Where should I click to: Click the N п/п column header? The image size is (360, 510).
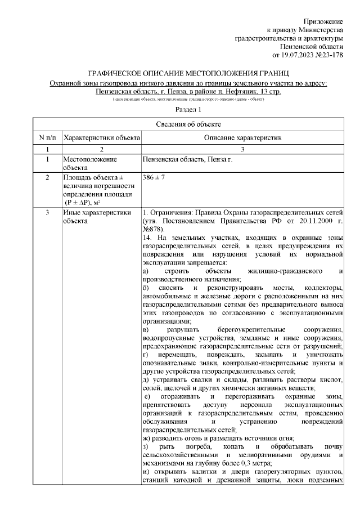(x=47, y=137)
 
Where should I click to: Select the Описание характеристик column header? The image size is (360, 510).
(x=242, y=137)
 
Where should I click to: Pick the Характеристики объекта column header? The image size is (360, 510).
(x=101, y=137)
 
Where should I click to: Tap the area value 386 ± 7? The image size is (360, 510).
(x=155, y=178)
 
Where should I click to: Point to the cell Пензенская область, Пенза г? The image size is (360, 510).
(x=187, y=160)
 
